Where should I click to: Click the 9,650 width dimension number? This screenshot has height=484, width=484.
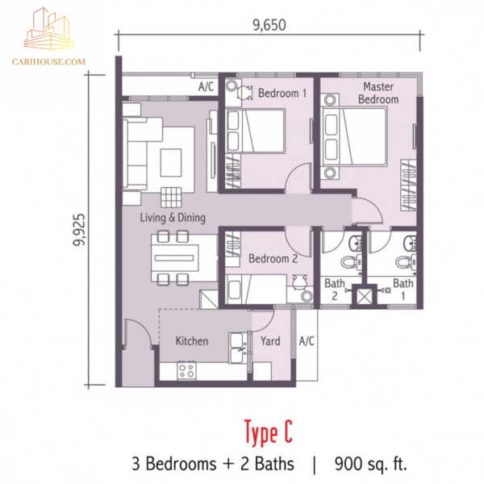tap(269, 25)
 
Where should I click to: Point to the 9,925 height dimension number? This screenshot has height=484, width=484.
tap(79, 230)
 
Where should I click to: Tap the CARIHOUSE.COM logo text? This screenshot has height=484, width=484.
tap(48, 62)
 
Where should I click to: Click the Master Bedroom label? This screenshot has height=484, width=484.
tap(378, 93)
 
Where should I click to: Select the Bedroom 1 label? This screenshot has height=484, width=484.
tap(282, 93)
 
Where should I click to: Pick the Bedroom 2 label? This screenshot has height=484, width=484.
tap(273, 259)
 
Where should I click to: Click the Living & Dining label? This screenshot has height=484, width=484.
tap(173, 218)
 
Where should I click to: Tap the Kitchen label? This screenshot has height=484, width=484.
tap(192, 341)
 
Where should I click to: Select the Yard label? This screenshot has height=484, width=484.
tap(270, 341)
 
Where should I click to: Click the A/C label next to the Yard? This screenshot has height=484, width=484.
tap(307, 341)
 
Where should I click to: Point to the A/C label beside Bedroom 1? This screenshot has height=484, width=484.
tap(206, 86)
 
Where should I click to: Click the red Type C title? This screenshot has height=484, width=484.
tap(269, 432)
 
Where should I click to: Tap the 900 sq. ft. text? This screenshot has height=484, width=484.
tap(371, 464)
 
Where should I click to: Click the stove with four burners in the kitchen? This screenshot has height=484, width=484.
tap(186, 371)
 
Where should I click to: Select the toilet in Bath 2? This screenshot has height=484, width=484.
tap(351, 262)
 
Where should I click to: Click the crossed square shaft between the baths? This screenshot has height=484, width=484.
tap(365, 297)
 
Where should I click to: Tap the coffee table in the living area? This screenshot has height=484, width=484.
tap(171, 163)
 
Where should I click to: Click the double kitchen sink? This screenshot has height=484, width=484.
tap(238, 348)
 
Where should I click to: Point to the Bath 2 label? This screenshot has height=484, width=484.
tap(335, 290)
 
